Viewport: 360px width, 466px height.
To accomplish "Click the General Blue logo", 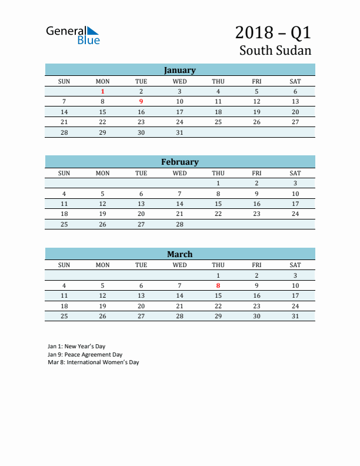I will coord(73,35).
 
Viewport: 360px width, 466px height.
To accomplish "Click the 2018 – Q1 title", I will coord(273,32).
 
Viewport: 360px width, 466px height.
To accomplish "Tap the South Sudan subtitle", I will coord(275,51).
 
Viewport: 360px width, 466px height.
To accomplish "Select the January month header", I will coord(179,70).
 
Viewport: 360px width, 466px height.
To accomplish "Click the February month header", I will coord(179,162).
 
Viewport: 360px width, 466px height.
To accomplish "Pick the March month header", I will coord(179,254).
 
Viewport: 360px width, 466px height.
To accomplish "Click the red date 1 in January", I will coord(103,91).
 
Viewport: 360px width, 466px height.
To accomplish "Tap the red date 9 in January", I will coord(141,102).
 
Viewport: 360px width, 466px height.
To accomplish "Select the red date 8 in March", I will coord(218,286).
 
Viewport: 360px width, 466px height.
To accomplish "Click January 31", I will coord(179,132).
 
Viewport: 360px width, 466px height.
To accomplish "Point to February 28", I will coord(179,224).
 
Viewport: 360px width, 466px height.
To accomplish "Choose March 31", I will coord(295,316).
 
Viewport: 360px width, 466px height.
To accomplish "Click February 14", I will coord(179,204).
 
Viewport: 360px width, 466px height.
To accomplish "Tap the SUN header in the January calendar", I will coord(64,81).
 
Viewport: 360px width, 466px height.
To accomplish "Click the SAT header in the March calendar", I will coord(295,265).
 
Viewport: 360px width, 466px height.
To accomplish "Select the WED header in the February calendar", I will coord(179,173).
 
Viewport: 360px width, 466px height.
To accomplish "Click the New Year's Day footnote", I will coord(76,347).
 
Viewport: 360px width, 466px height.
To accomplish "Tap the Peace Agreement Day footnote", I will coord(85,355).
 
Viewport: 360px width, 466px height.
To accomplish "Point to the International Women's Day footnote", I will coord(93,362).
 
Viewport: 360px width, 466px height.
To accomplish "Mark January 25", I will coord(218,122).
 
